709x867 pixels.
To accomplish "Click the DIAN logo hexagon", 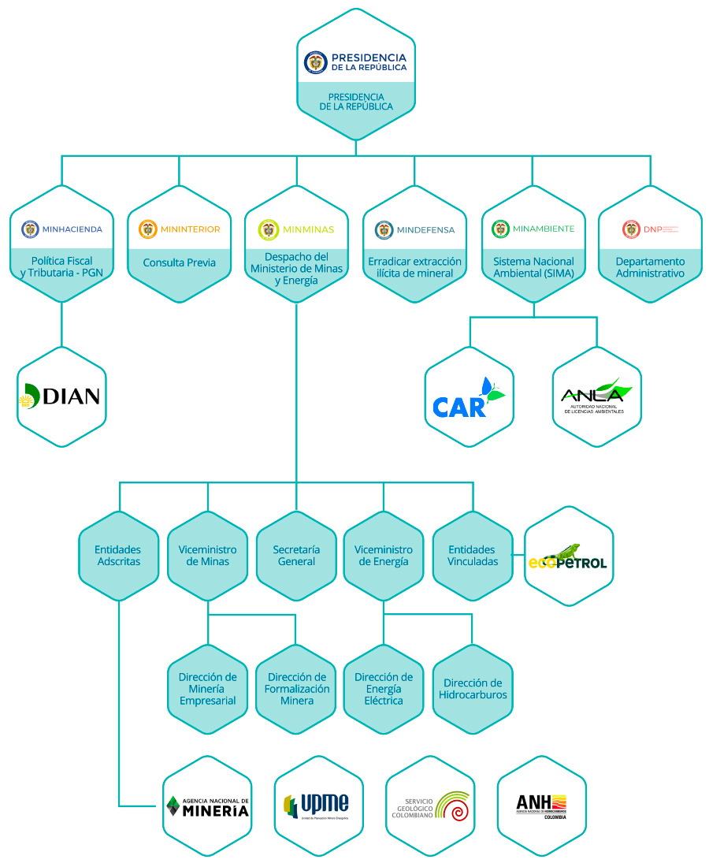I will click(61, 397).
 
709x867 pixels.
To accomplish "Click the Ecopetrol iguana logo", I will click(568, 556).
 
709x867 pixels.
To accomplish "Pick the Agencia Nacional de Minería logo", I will click(208, 806).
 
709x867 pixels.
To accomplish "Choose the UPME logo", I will click(319, 806).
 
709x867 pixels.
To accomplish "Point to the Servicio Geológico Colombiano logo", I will click(431, 806).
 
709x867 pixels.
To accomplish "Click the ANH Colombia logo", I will click(542, 806).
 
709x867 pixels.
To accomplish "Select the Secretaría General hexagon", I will click(296, 556).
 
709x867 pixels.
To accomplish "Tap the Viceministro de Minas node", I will click(208, 556).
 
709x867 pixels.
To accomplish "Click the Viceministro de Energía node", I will click(384, 556).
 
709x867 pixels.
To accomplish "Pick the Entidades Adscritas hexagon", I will click(118, 556).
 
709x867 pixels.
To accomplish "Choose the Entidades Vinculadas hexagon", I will click(473, 556).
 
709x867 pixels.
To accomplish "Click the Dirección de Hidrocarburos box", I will click(473, 689).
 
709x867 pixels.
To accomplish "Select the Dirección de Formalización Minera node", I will click(296, 689).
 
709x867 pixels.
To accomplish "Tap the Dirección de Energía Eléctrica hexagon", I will click(384, 689).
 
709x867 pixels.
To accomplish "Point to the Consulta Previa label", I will click(180, 263).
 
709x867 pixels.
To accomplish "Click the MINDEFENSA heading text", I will click(425, 230).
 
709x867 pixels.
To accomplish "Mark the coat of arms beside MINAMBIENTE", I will click(500, 229).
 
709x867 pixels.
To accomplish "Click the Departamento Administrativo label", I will click(650, 267).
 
